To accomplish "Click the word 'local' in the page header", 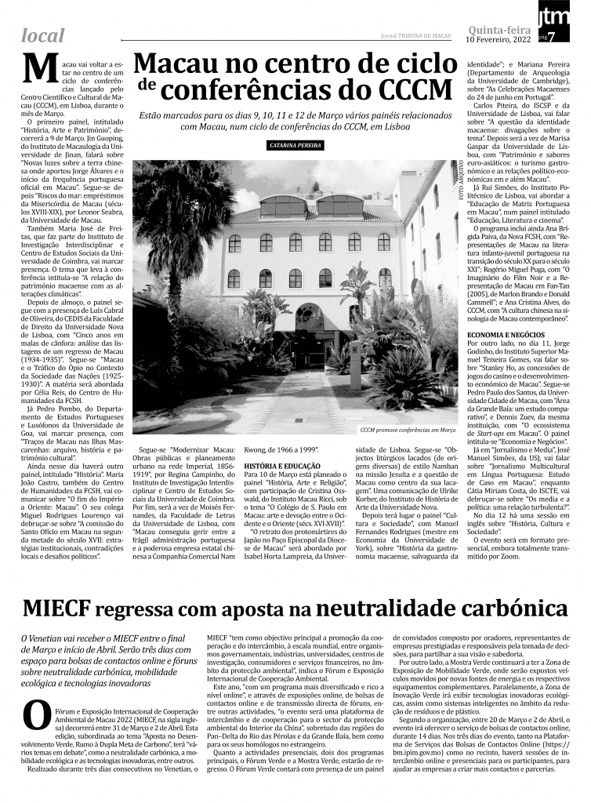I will [x=43, y=35].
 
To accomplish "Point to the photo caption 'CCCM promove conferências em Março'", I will [x=408, y=431].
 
